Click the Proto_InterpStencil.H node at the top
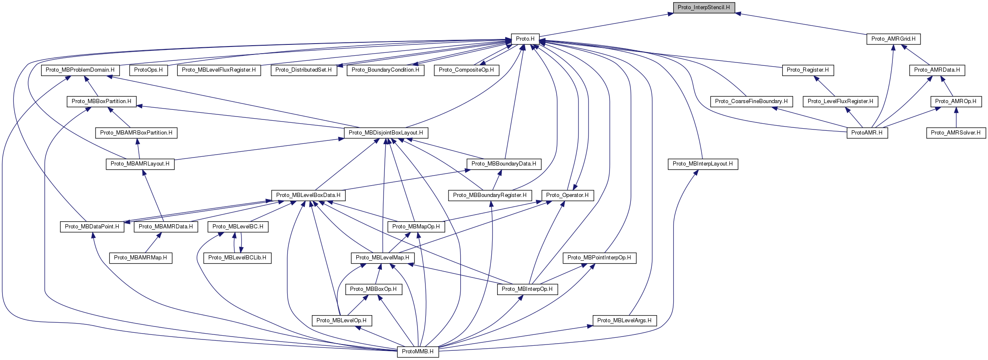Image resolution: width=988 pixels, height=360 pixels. point(703,8)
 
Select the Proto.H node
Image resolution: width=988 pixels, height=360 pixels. point(525,39)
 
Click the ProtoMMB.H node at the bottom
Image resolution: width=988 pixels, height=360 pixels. point(418,352)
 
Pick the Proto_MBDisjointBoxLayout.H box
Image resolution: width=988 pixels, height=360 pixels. point(386,133)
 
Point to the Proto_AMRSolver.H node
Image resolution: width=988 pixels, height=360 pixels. point(955,133)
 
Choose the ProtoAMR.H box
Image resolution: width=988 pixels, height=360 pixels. point(867,133)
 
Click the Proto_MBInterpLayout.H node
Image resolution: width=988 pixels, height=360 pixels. point(703,164)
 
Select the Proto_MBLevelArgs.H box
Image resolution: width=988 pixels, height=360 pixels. point(624,321)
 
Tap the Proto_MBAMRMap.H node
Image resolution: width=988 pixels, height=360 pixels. point(140,258)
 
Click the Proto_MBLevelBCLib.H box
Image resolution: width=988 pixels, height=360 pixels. point(237,258)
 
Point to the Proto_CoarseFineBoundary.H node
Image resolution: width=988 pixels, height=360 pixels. point(751,101)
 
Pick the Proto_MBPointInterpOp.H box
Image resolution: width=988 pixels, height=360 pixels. point(599,258)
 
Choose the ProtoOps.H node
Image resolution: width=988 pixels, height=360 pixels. point(148,70)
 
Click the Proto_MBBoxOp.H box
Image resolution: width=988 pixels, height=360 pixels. point(373,289)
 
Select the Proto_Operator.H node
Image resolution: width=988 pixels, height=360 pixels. point(567,195)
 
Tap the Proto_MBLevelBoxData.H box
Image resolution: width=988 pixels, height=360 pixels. point(308,195)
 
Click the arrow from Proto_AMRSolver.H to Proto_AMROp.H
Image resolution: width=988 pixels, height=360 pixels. point(956,117)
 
